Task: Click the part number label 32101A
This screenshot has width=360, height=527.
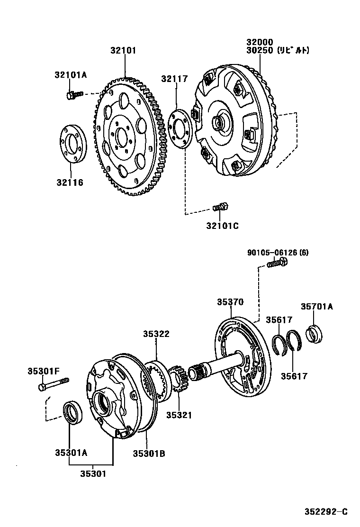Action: (71, 74)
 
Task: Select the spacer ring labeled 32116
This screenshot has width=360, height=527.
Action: (72, 144)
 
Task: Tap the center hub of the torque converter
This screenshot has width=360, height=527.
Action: (219, 123)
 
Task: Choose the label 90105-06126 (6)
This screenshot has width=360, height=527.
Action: (277, 253)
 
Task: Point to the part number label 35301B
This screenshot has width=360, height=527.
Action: (148, 454)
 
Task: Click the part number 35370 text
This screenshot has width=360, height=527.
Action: (230, 302)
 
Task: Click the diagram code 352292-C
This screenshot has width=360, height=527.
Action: (326, 511)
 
